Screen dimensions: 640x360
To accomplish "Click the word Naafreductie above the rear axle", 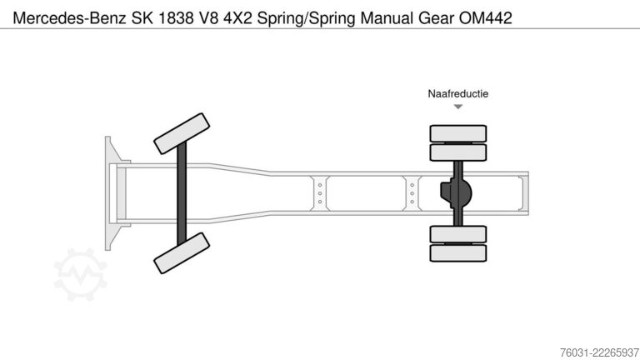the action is pyautogui.click(x=458, y=94).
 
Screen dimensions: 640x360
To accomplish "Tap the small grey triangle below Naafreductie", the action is pyautogui.click(x=458, y=107).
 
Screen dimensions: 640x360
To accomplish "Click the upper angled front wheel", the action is pyautogui.click(x=182, y=134).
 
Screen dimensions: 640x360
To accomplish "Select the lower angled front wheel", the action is pyautogui.click(x=182, y=253).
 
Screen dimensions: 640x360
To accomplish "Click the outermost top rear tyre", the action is pyautogui.click(x=458, y=133).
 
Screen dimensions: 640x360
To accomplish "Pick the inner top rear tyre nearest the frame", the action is pyautogui.click(x=458, y=152).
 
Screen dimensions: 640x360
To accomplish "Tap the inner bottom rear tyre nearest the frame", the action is pyautogui.click(x=458, y=234).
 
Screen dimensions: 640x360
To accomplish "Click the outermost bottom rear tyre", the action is pyautogui.click(x=458, y=253).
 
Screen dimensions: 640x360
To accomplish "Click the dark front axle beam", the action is pyautogui.click(x=182, y=193).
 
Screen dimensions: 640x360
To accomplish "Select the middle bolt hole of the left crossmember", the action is pyautogui.click(x=320, y=193).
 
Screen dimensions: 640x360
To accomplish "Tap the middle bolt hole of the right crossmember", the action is pyautogui.click(x=412, y=193).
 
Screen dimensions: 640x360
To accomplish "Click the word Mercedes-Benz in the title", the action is pyautogui.click(x=69, y=18).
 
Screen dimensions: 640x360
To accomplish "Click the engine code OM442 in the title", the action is pyautogui.click(x=485, y=18).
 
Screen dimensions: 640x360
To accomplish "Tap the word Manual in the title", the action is pyautogui.click(x=387, y=18).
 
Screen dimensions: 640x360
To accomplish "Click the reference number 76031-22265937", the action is pyautogui.click(x=599, y=352).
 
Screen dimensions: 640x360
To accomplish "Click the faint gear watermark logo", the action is pyautogui.click(x=80, y=274).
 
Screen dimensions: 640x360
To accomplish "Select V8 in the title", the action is pyautogui.click(x=208, y=18).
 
